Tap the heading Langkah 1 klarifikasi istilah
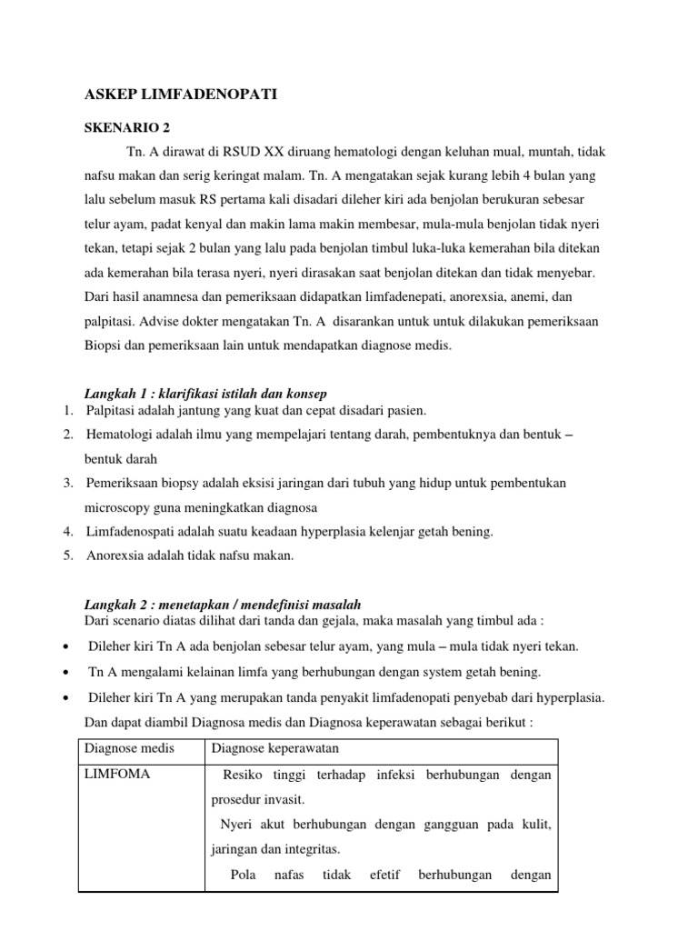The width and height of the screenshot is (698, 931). tap(205, 393)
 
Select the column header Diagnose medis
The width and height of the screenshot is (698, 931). tap(128, 748)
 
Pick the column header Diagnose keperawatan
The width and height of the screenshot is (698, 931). tap(274, 748)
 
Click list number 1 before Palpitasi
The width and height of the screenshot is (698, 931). tap(68, 411)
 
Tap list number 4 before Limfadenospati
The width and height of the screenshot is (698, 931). tap(68, 530)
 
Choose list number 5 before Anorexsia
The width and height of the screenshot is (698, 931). tap(68, 555)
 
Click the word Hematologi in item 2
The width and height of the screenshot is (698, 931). tap(123, 435)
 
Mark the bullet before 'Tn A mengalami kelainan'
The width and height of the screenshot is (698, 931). tap(69, 673)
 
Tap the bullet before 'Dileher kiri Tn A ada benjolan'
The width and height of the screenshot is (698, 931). tap(69, 647)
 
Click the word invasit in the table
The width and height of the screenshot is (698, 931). tap(284, 799)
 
